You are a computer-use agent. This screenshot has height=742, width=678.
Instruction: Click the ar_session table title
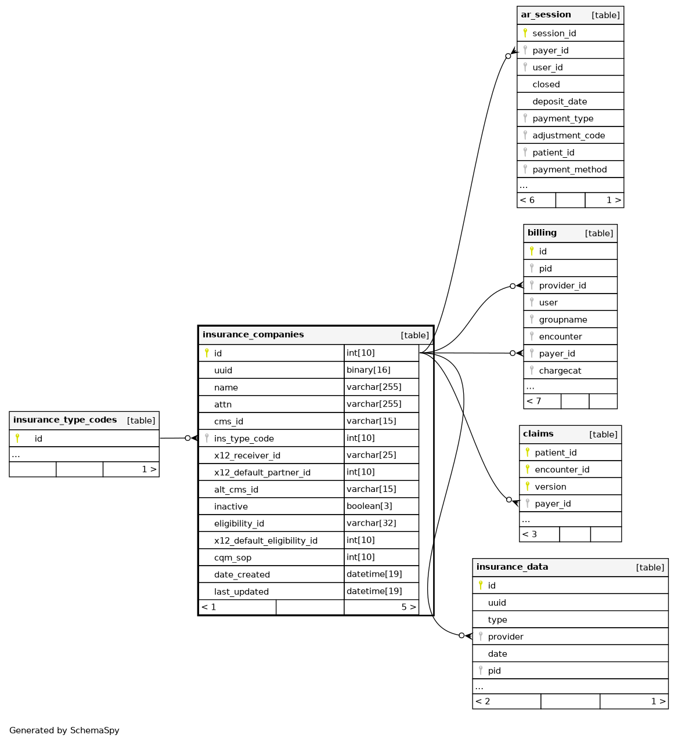click(x=546, y=15)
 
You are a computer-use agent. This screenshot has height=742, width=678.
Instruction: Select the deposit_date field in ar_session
click(x=560, y=102)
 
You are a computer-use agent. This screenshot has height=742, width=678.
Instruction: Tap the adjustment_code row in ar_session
click(x=568, y=135)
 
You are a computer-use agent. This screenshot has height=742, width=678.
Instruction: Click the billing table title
click(x=542, y=233)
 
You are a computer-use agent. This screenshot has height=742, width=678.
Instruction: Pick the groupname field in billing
click(x=562, y=320)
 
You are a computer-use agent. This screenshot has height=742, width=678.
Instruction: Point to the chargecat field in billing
click(x=560, y=371)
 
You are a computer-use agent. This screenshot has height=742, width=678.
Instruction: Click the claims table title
click(x=538, y=434)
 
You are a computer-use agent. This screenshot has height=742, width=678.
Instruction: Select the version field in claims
click(x=550, y=487)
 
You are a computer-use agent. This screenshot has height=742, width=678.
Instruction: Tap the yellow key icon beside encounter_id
click(x=527, y=469)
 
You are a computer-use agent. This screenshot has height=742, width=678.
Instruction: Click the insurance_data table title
click(x=512, y=567)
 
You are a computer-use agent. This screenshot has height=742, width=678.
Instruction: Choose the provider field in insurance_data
click(x=505, y=636)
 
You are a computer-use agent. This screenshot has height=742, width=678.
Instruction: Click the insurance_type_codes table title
click(x=65, y=420)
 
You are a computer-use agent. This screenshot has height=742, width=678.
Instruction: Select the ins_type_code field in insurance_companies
click(x=244, y=439)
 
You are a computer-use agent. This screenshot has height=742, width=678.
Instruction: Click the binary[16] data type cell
click(x=368, y=370)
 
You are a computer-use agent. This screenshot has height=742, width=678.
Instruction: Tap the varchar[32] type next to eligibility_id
click(x=371, y=523)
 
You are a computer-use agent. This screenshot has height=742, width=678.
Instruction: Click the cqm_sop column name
click(x=233, y=558)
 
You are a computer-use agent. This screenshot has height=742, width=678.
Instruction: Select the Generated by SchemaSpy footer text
click(x=64, y=730)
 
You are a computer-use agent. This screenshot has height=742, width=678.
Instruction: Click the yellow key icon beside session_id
click(x=525, y=33)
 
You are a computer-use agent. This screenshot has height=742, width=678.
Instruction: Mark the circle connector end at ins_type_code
click(x=187, y=438)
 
